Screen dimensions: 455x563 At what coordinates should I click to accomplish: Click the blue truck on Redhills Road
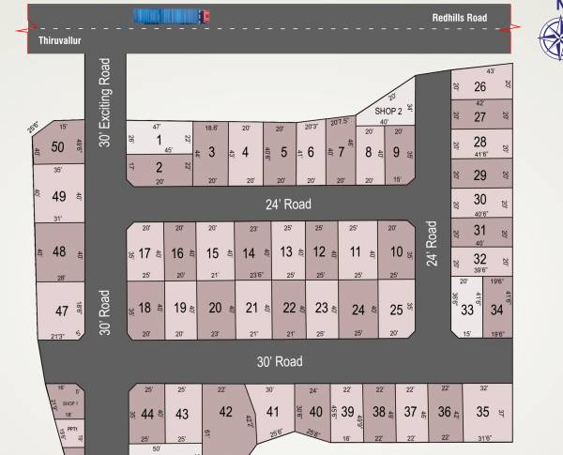pos(172,16)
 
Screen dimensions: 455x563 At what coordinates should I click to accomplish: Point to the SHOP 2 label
pos(388,111)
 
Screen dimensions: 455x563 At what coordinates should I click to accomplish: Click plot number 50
pos(58,146)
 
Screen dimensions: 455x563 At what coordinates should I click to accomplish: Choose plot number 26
pos(479,86)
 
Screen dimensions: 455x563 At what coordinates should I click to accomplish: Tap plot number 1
pos(160,140)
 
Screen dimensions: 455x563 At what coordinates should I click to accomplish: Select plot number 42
pos(225,412)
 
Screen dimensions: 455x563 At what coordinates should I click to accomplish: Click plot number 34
pos(496,311)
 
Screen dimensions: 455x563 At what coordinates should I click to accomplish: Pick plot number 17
pos(145,253)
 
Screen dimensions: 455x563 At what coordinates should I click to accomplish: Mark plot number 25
pos(397,309)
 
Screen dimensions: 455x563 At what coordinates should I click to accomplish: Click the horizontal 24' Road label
pos(287,204)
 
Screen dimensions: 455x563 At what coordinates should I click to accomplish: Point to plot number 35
pos(483,412)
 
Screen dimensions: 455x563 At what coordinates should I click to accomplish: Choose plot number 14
pos(249,253)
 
